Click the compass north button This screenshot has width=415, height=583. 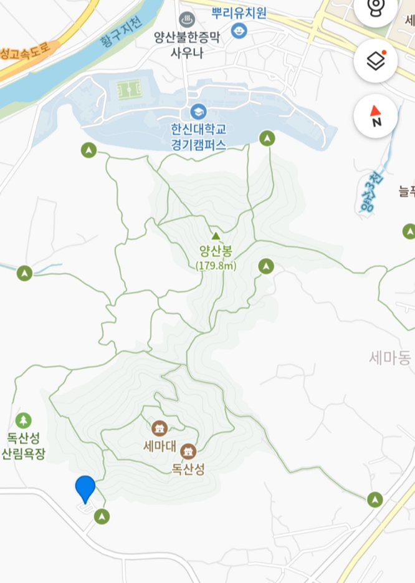point(376,116)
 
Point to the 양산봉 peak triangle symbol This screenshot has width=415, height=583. point(216,236)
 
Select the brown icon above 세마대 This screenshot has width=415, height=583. point(160,428)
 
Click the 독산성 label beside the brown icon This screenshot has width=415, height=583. point(188,469)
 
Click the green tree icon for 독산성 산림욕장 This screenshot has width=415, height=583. point(24,420)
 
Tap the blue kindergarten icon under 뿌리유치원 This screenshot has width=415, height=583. point(238,30)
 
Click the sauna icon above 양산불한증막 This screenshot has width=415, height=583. point(186,20)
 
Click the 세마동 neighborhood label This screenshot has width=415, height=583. point(390,358)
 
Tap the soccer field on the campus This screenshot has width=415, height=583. point(129,91)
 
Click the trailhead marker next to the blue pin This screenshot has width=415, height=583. point(102,516)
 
